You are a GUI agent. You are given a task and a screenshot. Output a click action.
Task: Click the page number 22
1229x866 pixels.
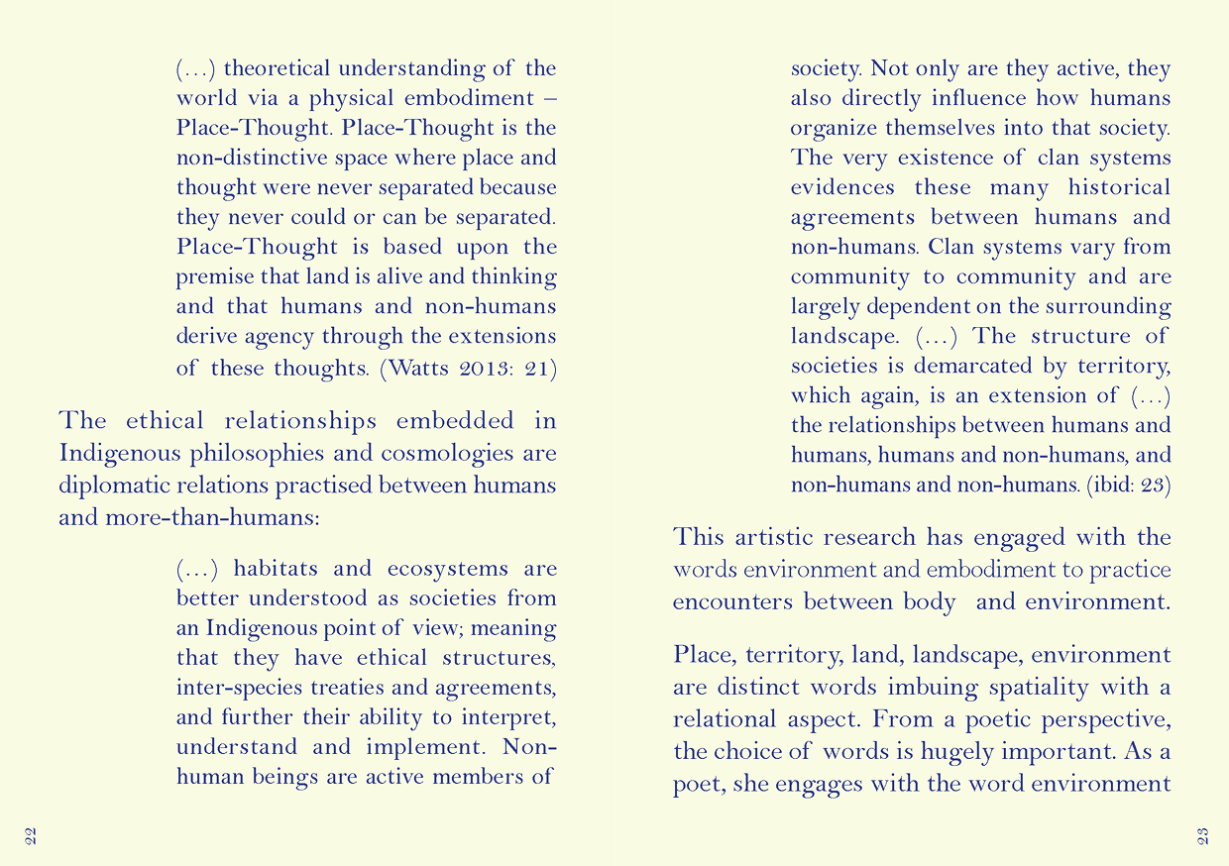click(30, 834)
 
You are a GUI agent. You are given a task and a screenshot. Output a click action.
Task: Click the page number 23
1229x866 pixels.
click(1202, 834)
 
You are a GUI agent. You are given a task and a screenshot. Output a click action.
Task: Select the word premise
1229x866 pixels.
click(211, 276)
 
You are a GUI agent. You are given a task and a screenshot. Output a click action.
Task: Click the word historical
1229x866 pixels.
click(1119, 187)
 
